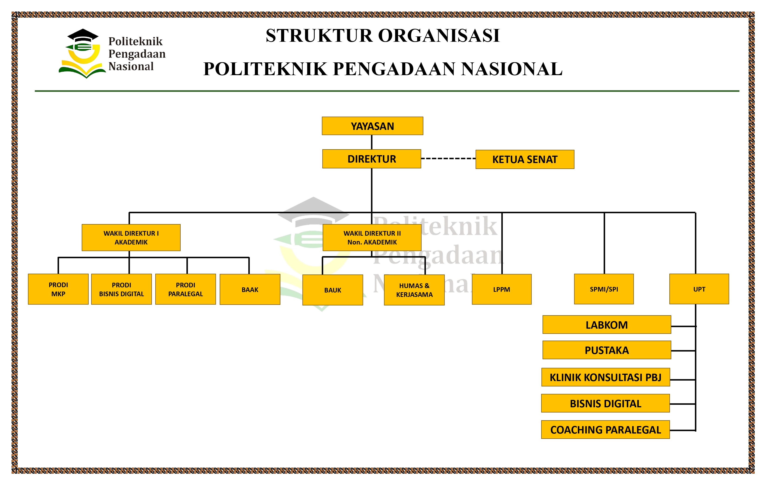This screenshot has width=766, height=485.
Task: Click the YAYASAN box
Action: point(372,126)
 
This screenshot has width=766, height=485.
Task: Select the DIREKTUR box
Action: point(372,159)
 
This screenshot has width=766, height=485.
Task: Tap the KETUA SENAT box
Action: point(525,159)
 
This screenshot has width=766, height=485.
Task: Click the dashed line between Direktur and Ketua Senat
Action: point(448,158)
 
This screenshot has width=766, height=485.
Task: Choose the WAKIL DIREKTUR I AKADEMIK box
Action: point(131,238)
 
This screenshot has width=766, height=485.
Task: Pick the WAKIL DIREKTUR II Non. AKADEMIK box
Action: point(372,238)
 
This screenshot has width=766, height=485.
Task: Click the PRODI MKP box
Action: point(58,289)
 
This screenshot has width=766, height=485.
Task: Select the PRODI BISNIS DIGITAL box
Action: point(122,289)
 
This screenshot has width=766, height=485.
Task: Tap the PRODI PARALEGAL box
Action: point(185,289)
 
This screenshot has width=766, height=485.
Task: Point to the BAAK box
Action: point(250,289)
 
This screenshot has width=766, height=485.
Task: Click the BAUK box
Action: point(332,290)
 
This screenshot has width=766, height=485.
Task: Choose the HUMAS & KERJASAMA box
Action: point(414,290)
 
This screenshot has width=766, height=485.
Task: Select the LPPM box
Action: point(501,289)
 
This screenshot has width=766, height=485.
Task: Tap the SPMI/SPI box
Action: point(604,289)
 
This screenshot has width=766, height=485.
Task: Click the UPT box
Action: point(699,289)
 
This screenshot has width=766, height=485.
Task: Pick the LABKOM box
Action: point(606,324)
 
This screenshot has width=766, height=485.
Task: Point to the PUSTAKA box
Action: point(606,350)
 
